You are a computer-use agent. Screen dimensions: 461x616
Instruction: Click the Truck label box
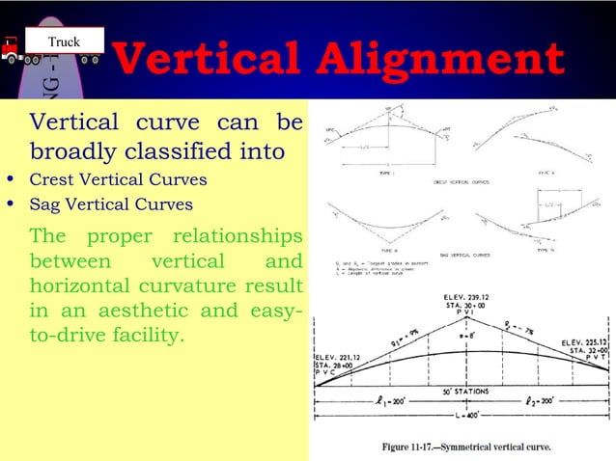pos(66,41)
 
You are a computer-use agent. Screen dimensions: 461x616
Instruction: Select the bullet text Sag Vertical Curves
pos(111,204)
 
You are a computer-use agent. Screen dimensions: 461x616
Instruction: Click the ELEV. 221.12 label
pos(339,356)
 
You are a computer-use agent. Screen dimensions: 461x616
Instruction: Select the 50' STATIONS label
pos(462,391)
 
